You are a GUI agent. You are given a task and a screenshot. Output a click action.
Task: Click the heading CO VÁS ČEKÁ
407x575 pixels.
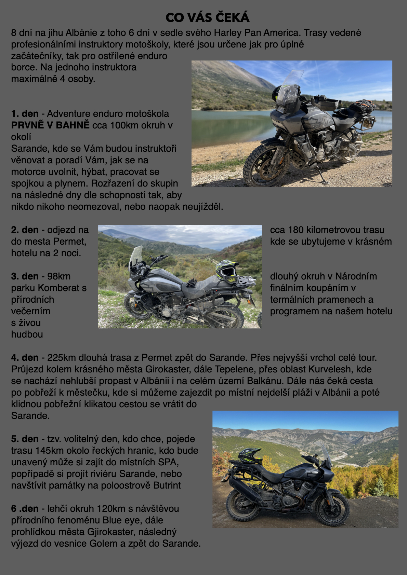(208, 17)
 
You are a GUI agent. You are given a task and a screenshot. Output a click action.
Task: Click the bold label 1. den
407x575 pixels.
(25, 113)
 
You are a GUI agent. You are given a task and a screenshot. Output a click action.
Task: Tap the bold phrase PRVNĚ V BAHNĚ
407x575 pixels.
(50, 125)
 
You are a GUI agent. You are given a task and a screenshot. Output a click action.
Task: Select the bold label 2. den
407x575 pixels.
(25, 230)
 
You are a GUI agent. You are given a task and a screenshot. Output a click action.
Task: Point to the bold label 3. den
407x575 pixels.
(25, 276)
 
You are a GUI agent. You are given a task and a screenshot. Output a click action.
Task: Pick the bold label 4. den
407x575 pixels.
(25, 358)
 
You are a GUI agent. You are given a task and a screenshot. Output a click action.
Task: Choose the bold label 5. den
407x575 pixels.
(25, 439)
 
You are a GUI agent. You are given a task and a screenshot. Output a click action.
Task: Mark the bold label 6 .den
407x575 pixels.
(25, 508)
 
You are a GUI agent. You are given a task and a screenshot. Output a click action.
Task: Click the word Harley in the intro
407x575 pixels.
(228, 33)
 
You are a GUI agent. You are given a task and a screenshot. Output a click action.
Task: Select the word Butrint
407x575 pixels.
(167, 485)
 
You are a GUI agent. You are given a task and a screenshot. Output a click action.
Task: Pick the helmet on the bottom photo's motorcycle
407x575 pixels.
(250, 456)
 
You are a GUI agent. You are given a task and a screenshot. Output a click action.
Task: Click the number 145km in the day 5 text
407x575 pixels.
(50, 451)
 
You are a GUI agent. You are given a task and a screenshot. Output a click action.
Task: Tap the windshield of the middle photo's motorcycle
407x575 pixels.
(135, 258)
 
